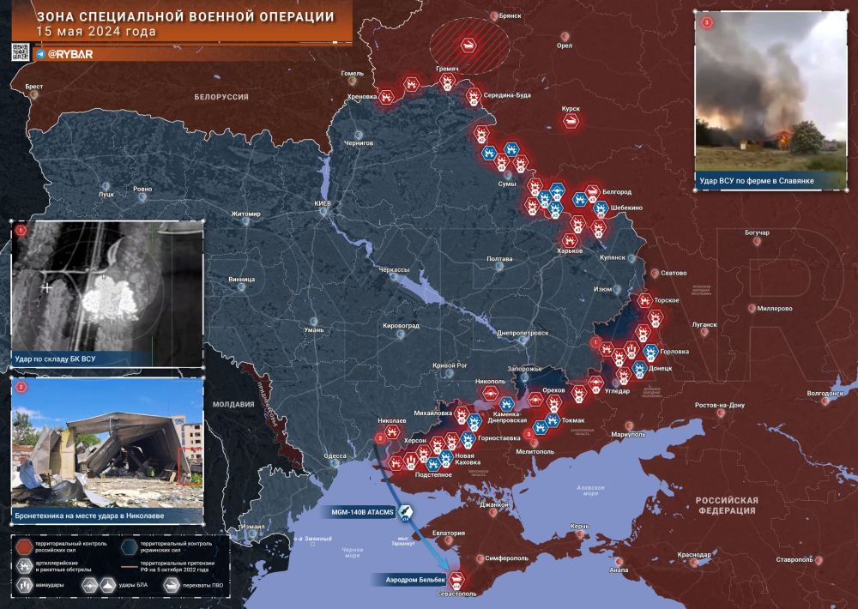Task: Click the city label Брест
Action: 34,87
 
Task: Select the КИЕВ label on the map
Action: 324,203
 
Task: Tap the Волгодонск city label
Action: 826,394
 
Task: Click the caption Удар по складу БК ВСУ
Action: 55,357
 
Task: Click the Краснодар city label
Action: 693,555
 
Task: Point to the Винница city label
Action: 242,279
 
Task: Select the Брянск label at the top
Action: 511,16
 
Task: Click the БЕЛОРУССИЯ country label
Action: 221,97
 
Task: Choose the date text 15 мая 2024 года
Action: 96,33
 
